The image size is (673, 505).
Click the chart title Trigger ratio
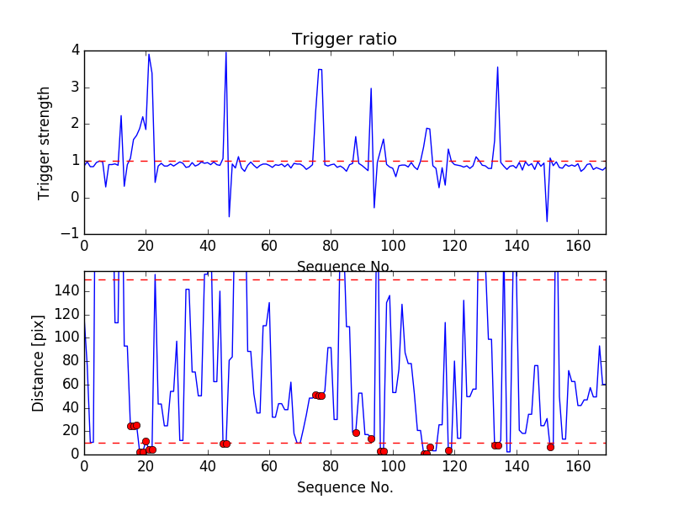344,40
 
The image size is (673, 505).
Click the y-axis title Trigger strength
45,142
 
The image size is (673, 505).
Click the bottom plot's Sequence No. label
344,487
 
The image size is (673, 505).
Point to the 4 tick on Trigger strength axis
76,50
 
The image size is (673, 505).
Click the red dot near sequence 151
550,447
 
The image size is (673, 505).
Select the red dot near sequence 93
371,439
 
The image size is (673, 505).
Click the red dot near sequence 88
356,433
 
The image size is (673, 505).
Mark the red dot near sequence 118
448,450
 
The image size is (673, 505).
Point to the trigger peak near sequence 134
497,67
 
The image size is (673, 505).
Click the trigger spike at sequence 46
225,52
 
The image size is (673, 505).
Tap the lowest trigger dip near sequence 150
547,221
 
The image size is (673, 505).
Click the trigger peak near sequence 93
371,88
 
